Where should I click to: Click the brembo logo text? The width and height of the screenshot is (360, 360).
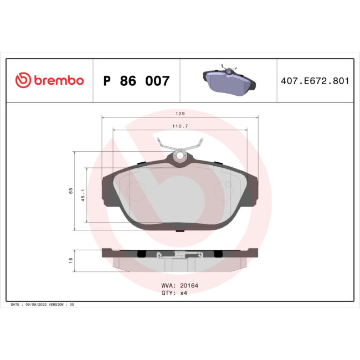59,81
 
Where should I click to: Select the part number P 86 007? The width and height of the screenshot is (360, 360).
137,81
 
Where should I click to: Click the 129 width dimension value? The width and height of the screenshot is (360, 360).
180,113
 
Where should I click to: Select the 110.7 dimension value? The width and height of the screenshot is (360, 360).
180,126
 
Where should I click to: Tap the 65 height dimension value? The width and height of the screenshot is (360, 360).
71,191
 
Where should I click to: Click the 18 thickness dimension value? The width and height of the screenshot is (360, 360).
71,260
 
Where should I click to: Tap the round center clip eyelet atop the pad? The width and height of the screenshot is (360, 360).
179,156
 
